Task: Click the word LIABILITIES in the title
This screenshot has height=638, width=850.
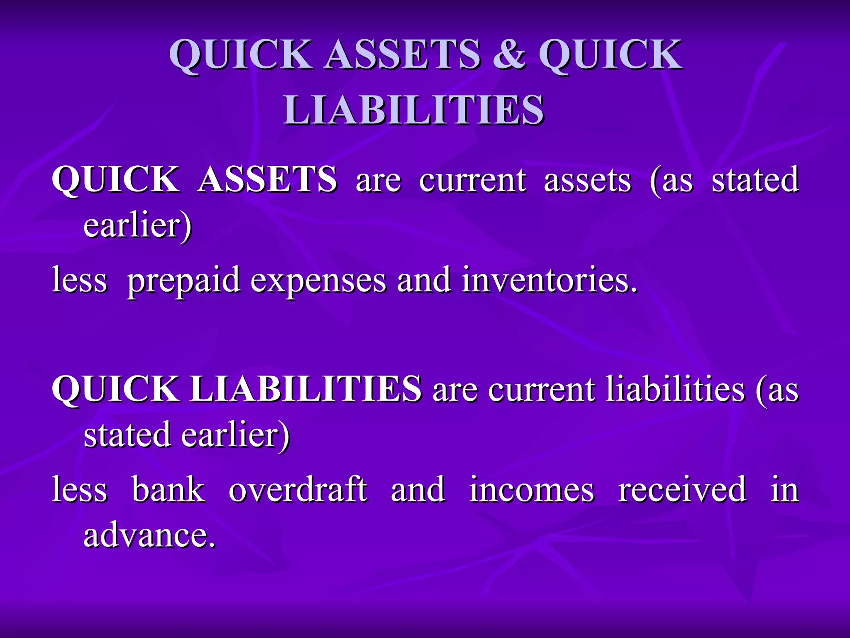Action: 413,110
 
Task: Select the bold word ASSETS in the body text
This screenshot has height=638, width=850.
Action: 267,179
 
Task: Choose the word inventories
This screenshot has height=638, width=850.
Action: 549,280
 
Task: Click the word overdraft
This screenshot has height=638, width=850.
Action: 298,490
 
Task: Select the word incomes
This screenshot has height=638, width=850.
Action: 532,490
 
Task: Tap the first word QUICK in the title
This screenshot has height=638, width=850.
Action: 240,56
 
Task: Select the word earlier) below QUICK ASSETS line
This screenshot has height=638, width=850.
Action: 138,226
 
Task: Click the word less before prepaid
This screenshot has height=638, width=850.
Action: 80,280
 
